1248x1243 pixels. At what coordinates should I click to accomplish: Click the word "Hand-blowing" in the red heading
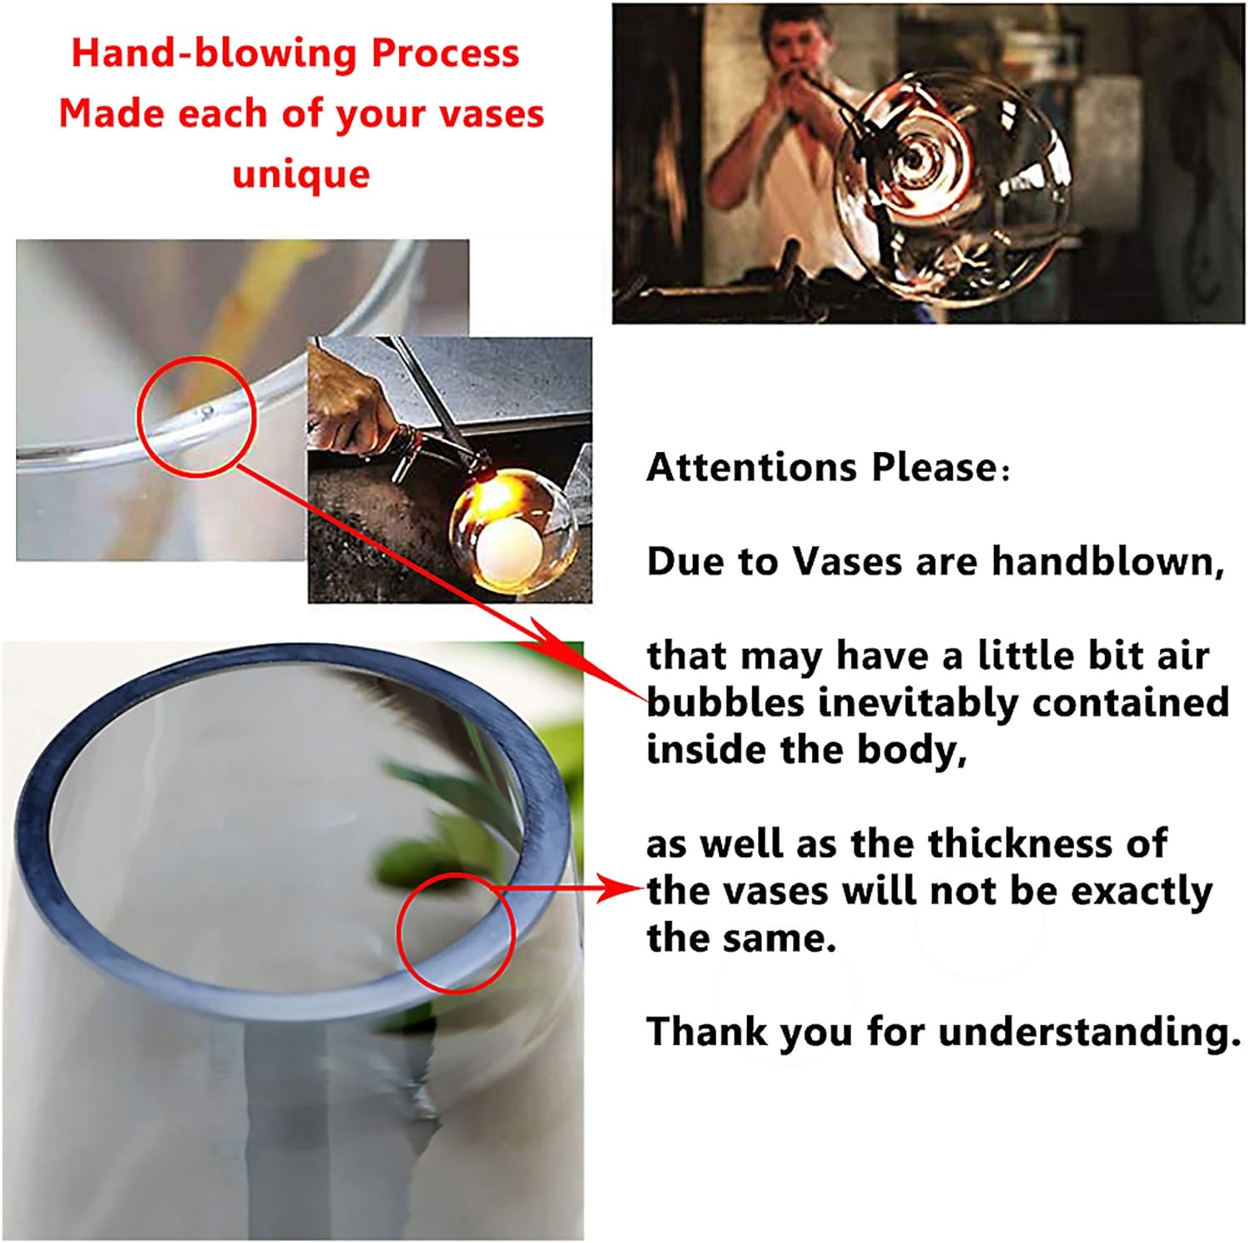(x=215, y=53)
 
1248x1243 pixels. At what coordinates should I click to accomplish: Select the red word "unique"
(x=301, y=174)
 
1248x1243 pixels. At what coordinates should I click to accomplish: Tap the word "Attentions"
(x=752, y=467)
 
